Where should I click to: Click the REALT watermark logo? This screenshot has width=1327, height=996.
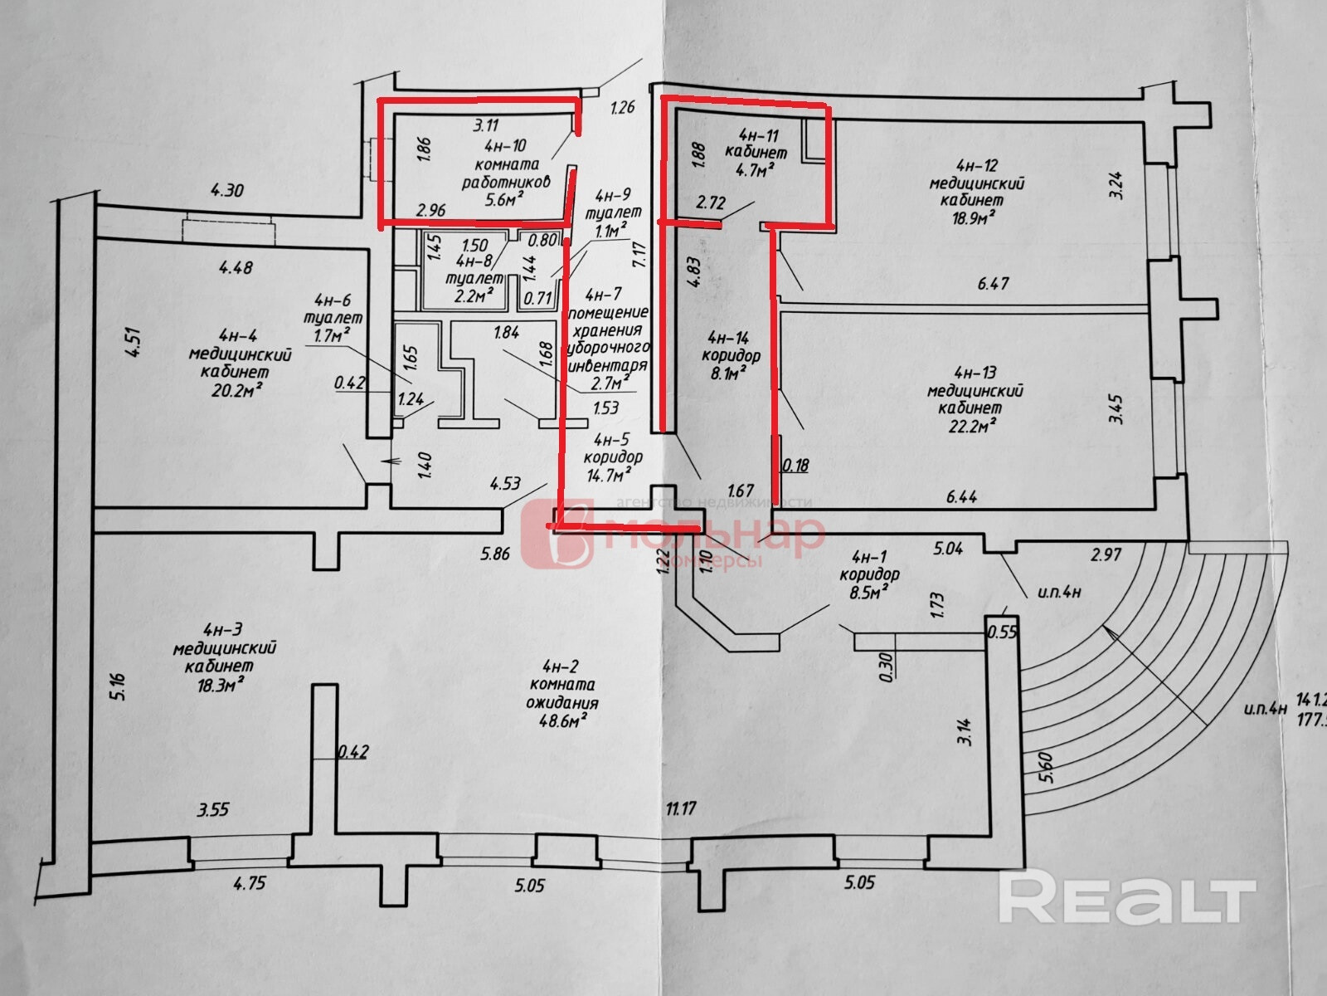click(1126, 897)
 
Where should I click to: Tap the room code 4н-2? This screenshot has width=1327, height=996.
click(559, 666)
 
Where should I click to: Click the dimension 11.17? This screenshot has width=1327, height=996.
click(680, 808)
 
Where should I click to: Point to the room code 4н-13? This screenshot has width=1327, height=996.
click(975, 373)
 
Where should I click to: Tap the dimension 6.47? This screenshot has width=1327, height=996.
click(993, 284)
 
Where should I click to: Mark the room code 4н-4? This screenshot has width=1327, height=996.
click(237, 336)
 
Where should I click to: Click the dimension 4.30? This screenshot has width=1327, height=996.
click(226, 190)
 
